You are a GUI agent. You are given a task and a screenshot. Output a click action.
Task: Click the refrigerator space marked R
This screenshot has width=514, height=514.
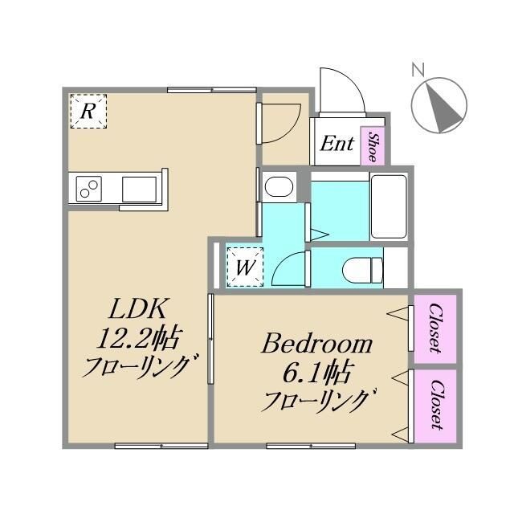88,112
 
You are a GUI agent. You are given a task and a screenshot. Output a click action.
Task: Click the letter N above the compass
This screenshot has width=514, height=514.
418,70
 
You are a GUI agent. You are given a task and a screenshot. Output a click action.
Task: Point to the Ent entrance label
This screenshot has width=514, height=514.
337,145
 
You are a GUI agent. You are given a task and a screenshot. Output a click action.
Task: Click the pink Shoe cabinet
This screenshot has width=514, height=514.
373,145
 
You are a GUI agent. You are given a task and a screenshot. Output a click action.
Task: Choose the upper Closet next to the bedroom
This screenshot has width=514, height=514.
434,328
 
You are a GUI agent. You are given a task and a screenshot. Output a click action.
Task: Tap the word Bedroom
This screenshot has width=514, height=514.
316,345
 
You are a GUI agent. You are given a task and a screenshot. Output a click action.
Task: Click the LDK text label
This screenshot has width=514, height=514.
137,308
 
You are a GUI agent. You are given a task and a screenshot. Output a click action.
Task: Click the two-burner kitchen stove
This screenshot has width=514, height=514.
90,190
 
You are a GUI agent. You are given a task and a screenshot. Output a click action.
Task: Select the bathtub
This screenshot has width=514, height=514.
390,206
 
